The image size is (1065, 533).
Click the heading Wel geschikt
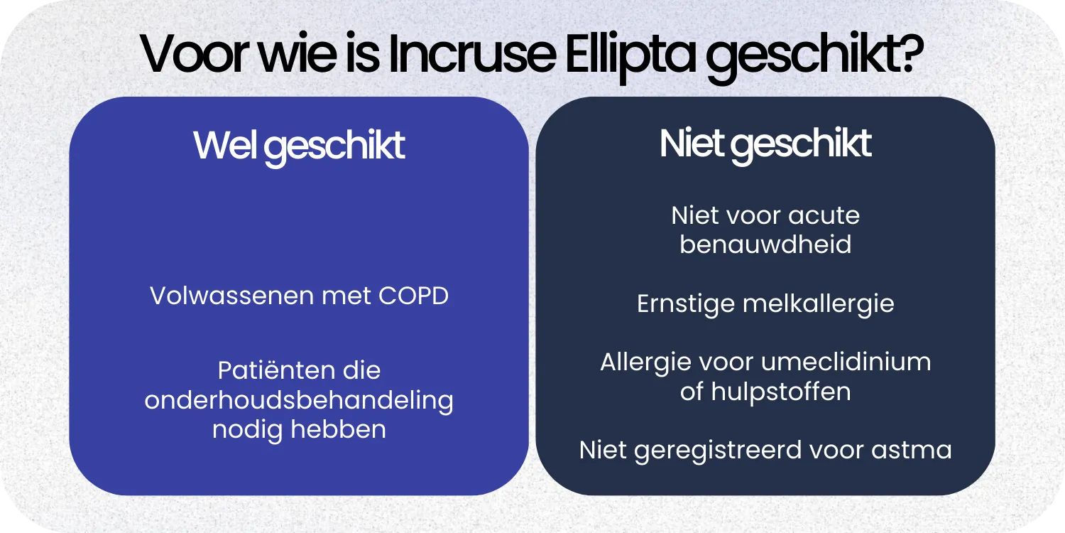(299, 146)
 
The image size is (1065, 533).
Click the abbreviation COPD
(413, 296)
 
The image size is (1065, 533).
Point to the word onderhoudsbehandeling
(299, 400)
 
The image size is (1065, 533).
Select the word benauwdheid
(765, 244)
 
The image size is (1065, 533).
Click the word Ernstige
(686, 304)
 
